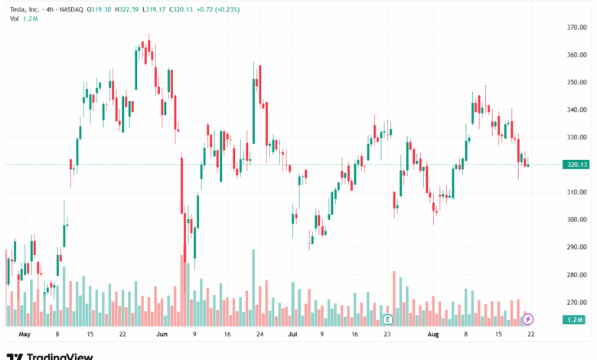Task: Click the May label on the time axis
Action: (x=24, y=335)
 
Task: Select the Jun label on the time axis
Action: (x=161, y=335)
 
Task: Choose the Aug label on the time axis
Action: (x=432, y=335)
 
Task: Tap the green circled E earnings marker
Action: (x=387, y=318)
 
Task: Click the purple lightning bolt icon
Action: (x=527, y=318)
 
